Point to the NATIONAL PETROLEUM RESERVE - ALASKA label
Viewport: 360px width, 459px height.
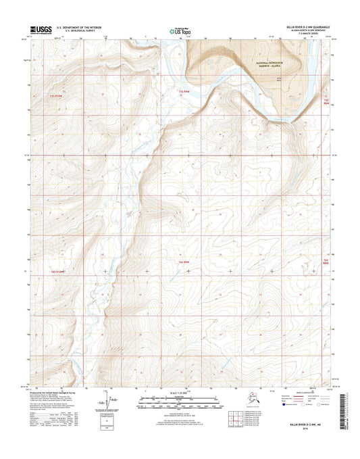(273, 64)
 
